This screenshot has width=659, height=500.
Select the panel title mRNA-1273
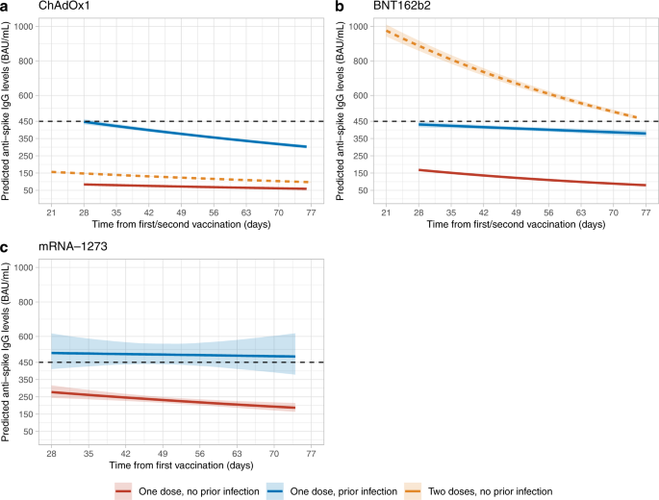[x=71, y=248]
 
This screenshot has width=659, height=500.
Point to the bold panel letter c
[x=5, y=247]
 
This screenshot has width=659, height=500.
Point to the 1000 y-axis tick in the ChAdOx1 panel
[x=25, y=27]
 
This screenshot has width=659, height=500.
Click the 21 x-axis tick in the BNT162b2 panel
[x=386, y=212]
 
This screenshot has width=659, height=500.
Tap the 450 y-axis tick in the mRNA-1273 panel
[x=28, y=362]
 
